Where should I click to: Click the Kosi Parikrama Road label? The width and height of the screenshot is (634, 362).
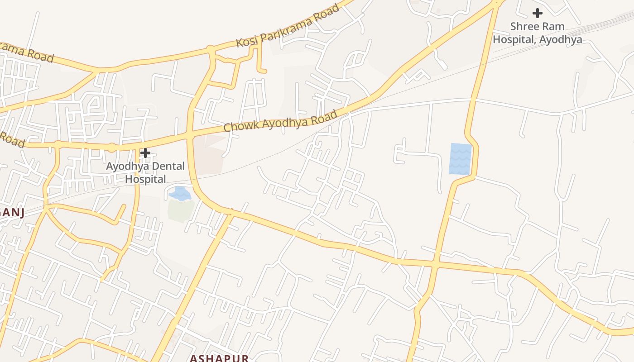pyautogui.click(x=288, y=26)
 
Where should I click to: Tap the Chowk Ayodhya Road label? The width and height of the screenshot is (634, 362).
pyautogui.click(x=281, y=121)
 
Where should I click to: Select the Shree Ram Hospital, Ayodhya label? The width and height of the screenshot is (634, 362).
pyautogui.click(x=538, y=33)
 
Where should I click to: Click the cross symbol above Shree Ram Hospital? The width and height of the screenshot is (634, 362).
pyautogui.click(x=538, y=13)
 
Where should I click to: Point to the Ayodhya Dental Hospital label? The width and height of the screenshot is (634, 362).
pyautogui.click(x=145, y=172)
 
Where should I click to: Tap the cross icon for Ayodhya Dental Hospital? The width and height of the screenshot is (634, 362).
pyautogui.click(x=145, y=153)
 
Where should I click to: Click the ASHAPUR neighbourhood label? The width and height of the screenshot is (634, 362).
pyautogui.click(x=219, y=358)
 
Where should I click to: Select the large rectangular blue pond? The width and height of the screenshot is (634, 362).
pyautogui.click(x=460, y=159)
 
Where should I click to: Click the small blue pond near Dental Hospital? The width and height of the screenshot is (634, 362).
pyautogui.click(x=180, y=194)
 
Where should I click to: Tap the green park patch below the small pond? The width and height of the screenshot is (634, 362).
pyautogui.click(x=181, y=210)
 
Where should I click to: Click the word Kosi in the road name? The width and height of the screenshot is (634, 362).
pyautogui.click(x=247, y=40)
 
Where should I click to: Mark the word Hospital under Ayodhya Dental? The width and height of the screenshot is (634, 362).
pyautogui.click(x=145, y=179)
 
